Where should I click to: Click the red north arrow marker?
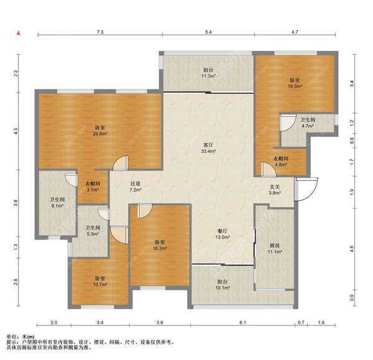19,33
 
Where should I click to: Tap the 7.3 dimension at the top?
100,32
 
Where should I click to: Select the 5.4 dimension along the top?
208,32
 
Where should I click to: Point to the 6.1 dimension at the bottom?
242,323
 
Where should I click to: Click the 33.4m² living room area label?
208,151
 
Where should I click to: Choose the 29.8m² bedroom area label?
100,134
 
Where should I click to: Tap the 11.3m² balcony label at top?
208,76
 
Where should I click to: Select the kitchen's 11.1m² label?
275,252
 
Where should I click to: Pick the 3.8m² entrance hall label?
275,193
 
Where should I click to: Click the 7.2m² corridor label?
136,190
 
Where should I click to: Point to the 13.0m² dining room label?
222,237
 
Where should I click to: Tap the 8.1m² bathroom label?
57,206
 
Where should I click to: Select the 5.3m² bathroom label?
93,234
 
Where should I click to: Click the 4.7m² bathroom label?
308,126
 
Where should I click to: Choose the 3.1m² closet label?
93,190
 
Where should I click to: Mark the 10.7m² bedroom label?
100,284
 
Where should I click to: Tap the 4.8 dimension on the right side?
352,249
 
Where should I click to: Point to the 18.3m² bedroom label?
295,86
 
